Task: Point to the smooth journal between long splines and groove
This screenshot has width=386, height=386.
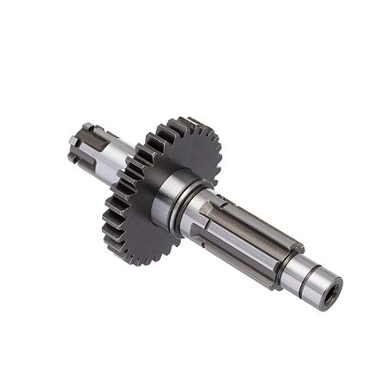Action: [299, 261]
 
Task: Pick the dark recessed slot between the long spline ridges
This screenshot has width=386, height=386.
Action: [249, 225]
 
